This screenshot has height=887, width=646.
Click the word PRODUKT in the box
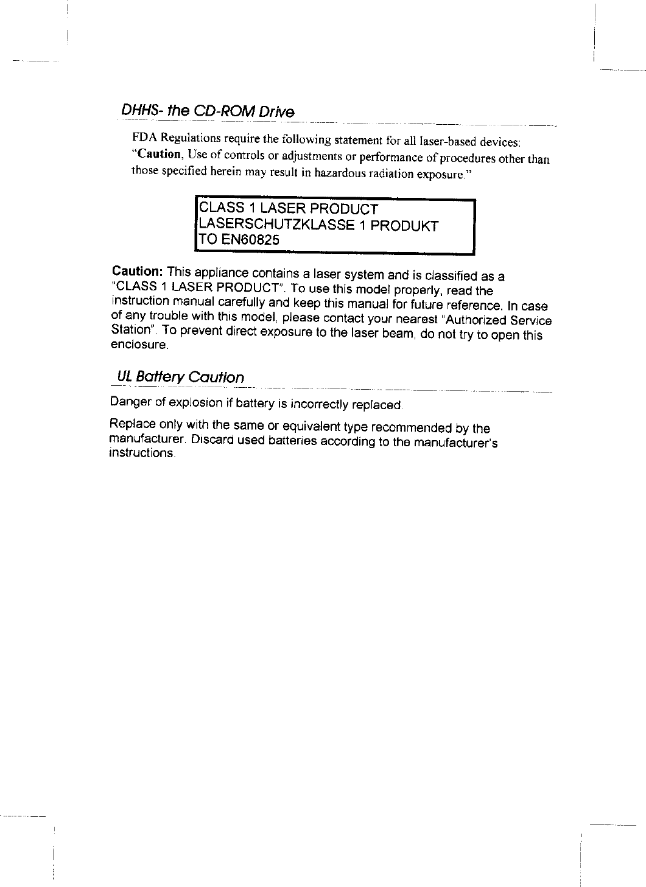pos(404,226)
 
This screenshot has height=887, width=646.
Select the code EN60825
pos(250,240)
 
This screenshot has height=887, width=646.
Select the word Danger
pos(129,402)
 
